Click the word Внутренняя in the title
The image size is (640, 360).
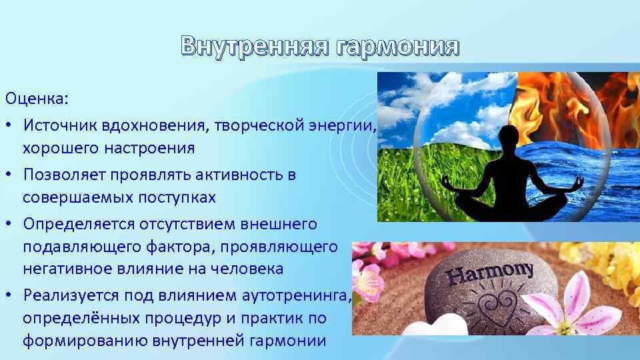pos(255,46)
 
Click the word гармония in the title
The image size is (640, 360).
pos(398,47)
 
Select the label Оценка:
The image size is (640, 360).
pos(37,99)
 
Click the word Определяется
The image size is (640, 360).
pos(79,225)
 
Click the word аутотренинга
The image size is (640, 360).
pos(297,295)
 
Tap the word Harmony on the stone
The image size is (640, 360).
pos(490,274)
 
